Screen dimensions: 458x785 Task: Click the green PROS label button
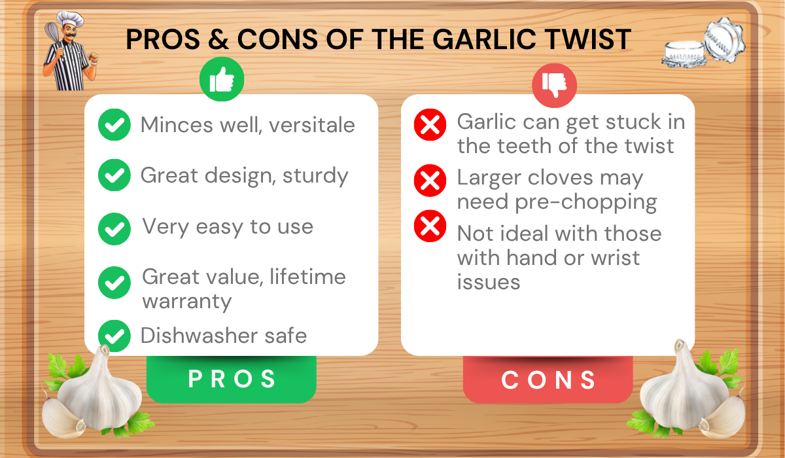coord(231,379)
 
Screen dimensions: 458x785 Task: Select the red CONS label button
coord(548,379)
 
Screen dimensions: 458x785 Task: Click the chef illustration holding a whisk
coord(69,55)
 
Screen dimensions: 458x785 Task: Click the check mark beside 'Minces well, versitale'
coord(114,124)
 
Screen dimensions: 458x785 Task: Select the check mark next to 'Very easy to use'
coord(114,228)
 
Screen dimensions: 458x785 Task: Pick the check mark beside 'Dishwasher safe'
coord(114,336)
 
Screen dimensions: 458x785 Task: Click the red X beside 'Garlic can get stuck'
coord(430,124)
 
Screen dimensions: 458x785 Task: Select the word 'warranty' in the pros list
coord(187,302)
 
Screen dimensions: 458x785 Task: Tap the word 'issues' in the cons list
coord(488,282)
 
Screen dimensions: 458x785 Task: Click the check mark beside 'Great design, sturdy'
coord(114,175)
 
